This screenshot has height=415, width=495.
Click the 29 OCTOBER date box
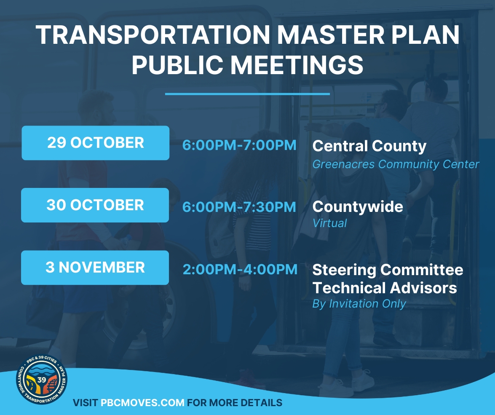96,143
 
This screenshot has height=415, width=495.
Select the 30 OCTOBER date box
95,205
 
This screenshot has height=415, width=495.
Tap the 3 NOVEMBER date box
95,268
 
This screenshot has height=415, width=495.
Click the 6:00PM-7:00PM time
239,145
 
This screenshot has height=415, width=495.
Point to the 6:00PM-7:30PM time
239,207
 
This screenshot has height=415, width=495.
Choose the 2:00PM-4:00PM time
240,269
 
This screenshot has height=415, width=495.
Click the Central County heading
369,146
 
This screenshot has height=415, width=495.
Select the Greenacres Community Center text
395,164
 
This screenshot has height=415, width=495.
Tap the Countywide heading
357,207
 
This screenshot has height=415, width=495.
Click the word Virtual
329,223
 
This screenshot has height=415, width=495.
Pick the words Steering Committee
387,270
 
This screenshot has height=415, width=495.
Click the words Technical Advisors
384,288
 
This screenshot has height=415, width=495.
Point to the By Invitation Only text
359,304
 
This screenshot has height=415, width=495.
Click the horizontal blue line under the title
247,94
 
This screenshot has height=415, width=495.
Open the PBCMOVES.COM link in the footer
142,403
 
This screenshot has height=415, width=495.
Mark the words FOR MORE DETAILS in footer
235,403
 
